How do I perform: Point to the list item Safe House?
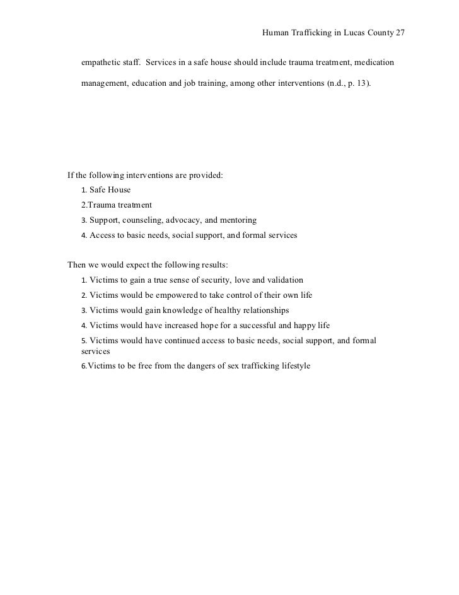110,190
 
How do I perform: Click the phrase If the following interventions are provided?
145,175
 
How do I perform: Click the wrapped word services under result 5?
96,351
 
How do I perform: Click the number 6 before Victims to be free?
84,366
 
